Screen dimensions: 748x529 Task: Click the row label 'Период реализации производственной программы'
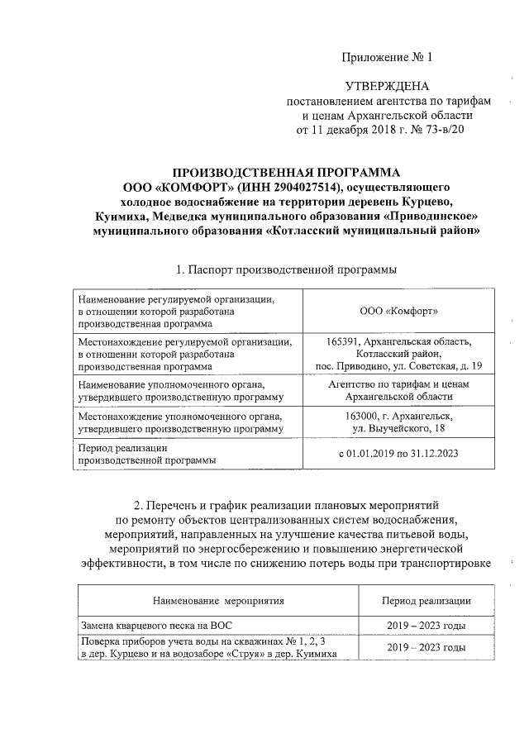coord(147,454)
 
